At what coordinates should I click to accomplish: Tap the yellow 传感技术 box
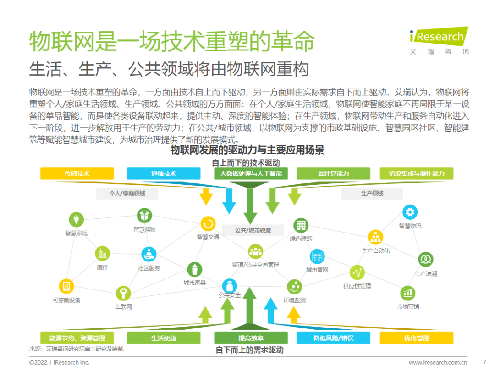(x=77, y=173)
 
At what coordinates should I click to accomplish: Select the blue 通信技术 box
(x=164, y=173)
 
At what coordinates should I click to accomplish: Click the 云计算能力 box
(x=333, y=173)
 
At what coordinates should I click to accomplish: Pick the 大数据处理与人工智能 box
(x=251, y=173)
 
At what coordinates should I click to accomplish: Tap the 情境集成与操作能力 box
(x=417, y=173)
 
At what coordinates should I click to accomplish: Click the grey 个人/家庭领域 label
(x=127, y=194)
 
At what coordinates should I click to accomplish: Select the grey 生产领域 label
(x=372, y=194)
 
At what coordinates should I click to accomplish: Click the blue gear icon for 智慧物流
(x=410, y=212)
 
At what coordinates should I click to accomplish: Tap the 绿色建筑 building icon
(x=301, y=225)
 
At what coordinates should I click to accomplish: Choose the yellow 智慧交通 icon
(x=208, y=224)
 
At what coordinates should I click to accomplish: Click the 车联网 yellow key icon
(x=123, y=293)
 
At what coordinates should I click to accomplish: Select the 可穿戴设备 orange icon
(x=66, y=286)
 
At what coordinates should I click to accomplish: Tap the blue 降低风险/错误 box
(x=333, y=338)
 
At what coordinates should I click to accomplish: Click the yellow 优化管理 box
(x=417, y=338)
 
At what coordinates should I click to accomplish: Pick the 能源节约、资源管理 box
(x=77, y=338)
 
